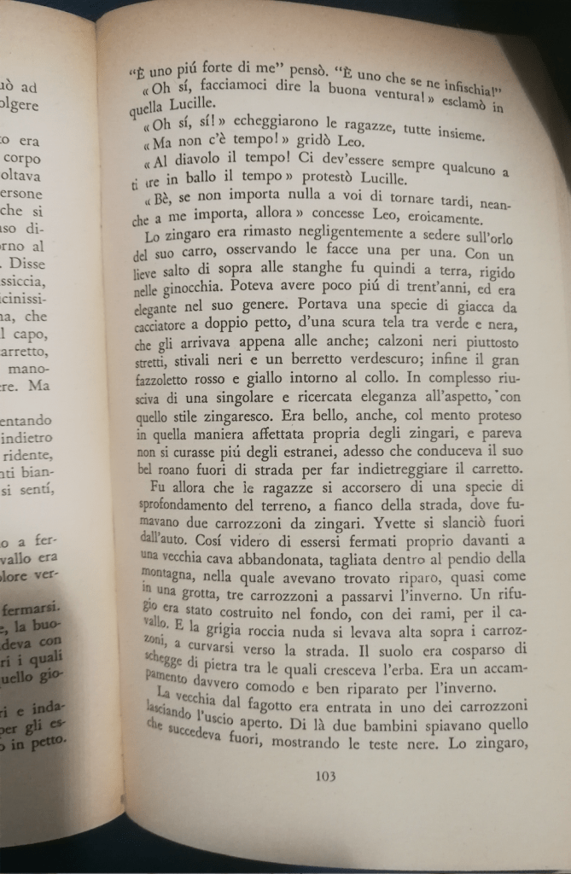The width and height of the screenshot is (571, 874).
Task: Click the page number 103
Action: click(x=325, y=776)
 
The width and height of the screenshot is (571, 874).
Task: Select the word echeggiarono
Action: click(x=257, y=125)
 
